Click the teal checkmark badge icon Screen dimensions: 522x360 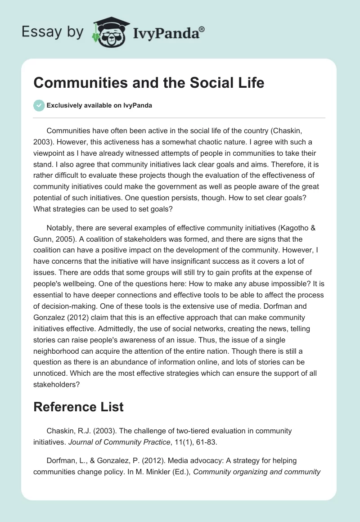click(x=39, y=105)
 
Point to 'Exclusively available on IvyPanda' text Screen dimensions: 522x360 click(x=99, y=105)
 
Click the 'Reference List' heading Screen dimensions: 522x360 click(x=78, y=407)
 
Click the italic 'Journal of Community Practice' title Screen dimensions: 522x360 click(x=119, y=442)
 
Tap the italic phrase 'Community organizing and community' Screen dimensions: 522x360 click(x=256, y=472)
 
